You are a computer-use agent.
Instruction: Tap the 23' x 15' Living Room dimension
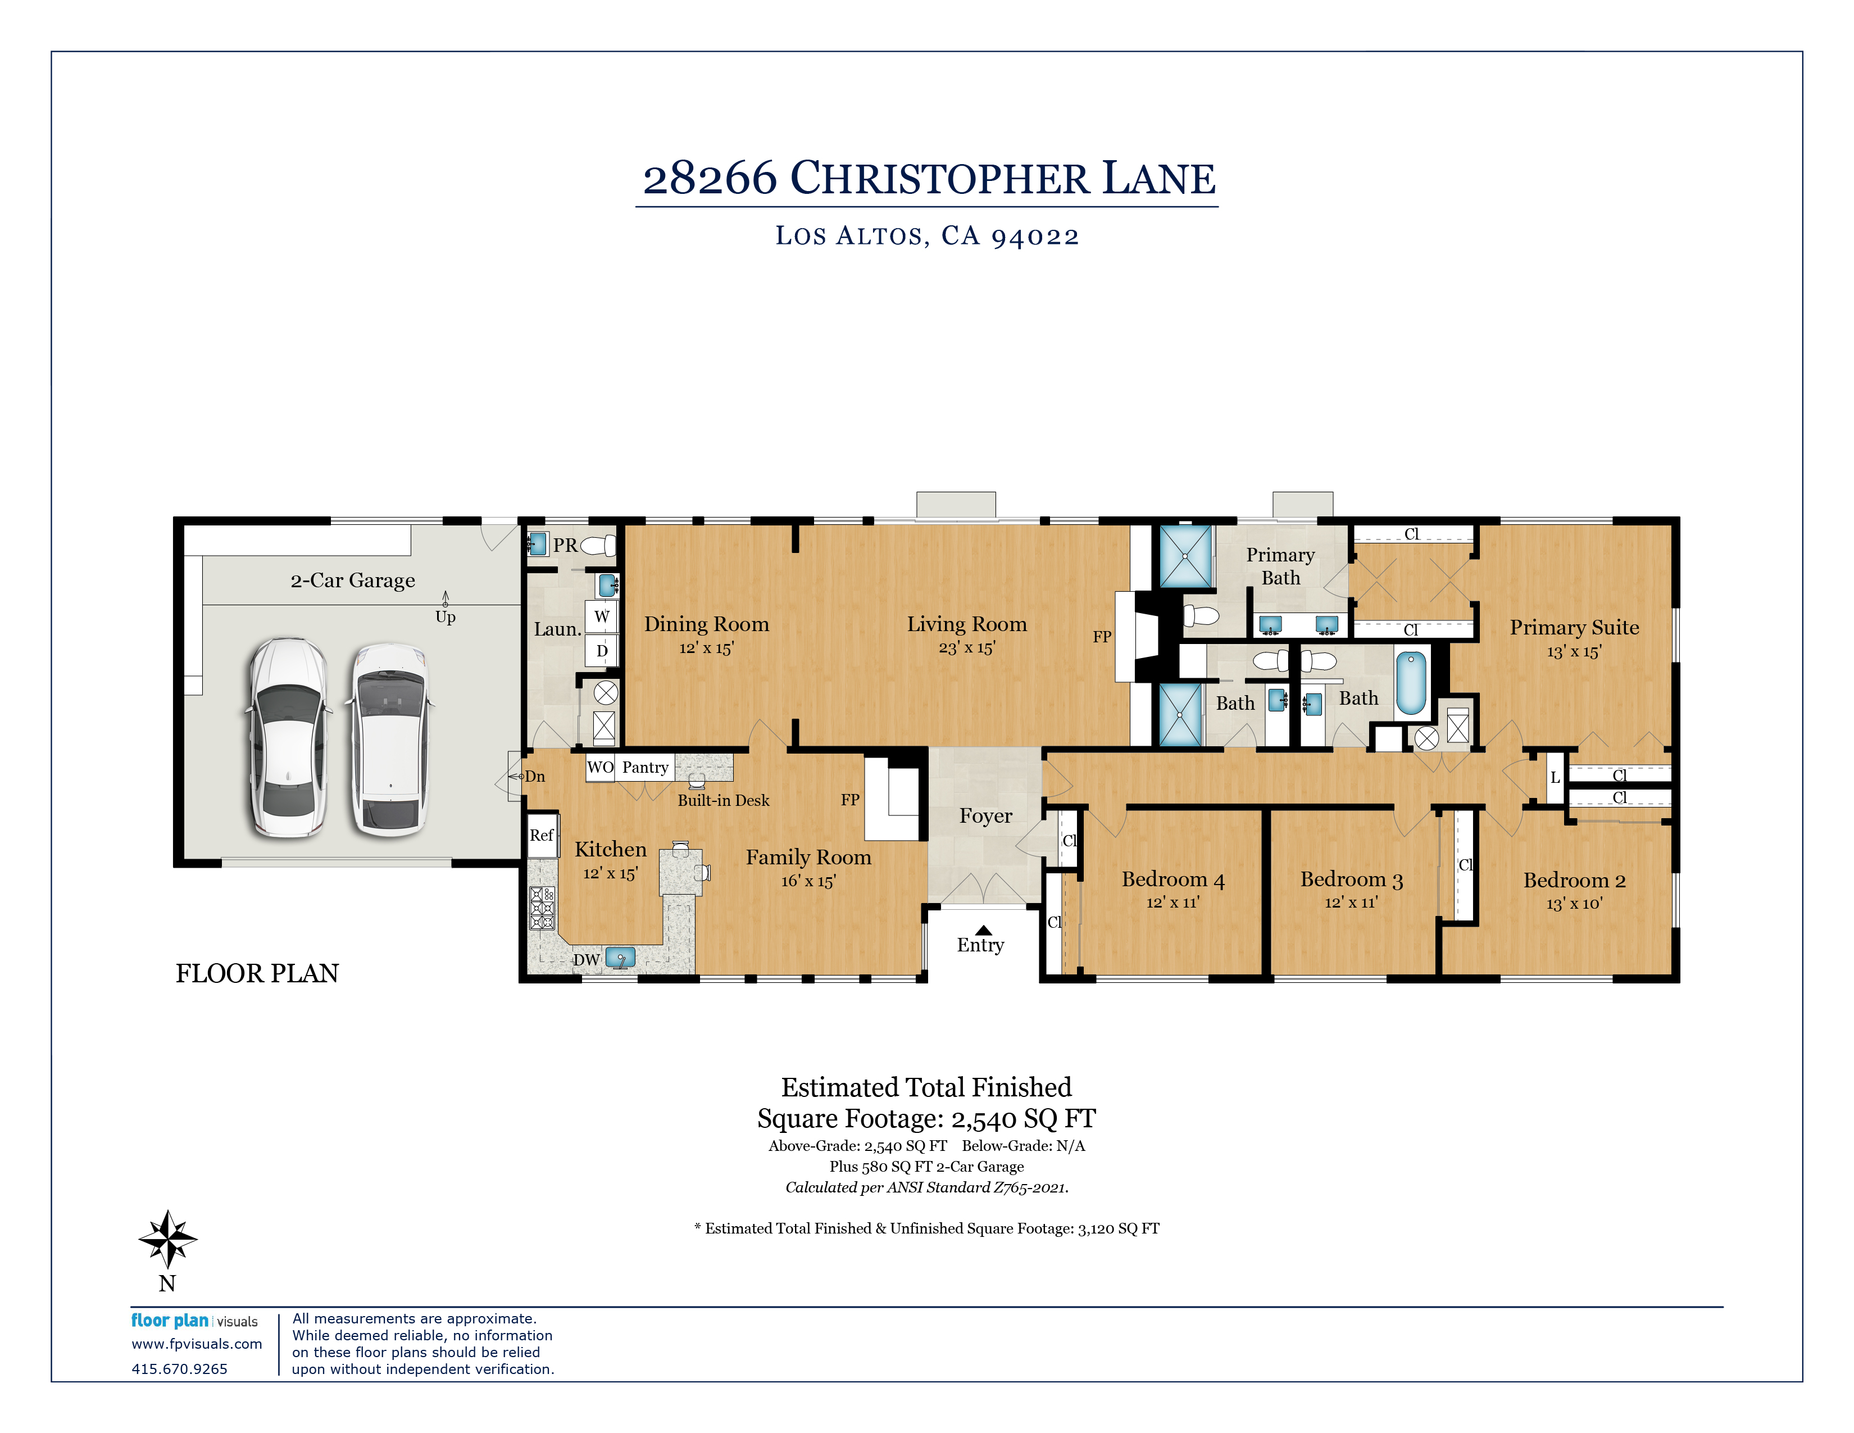(x=966, y=648)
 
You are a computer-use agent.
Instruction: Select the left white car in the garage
(x=288, y=738)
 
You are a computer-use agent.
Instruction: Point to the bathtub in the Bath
(x=1410, y=683)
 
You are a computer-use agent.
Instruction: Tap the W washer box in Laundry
(x=601, y=616)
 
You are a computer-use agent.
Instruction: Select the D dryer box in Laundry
(x=601, y=651)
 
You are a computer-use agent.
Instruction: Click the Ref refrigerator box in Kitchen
(x=542, y=835)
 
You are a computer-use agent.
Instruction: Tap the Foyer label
(x=985, y=816)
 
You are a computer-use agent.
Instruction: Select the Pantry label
(x=645, y=768)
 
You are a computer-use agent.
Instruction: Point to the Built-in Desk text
(x=723, y=801)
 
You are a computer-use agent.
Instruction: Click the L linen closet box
(x=1555, y=778)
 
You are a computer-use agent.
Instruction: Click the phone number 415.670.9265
(x=179, y=1368)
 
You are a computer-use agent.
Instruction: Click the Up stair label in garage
(x=445, y=617)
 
